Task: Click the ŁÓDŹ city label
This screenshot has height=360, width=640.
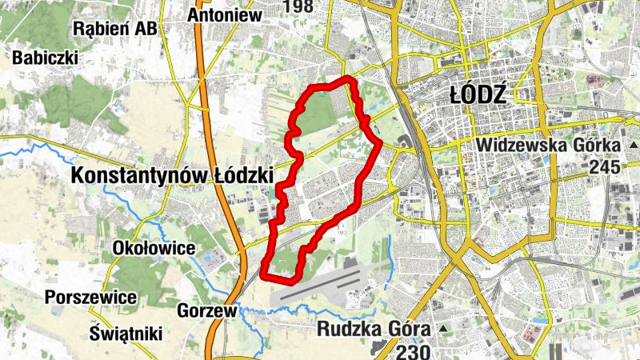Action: coord(478,95)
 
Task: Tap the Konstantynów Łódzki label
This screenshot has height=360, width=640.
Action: coord(172,175)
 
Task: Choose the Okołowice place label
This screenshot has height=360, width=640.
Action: coord(154,248)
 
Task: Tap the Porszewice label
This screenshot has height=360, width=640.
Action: coord(90,297)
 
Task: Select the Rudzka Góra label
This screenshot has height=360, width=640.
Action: coord(374,328)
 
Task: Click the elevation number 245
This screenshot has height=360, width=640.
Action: coord(604,167)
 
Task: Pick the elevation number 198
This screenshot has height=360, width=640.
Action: coord(297,7)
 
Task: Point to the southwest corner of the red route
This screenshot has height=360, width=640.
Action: coord(264,276)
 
